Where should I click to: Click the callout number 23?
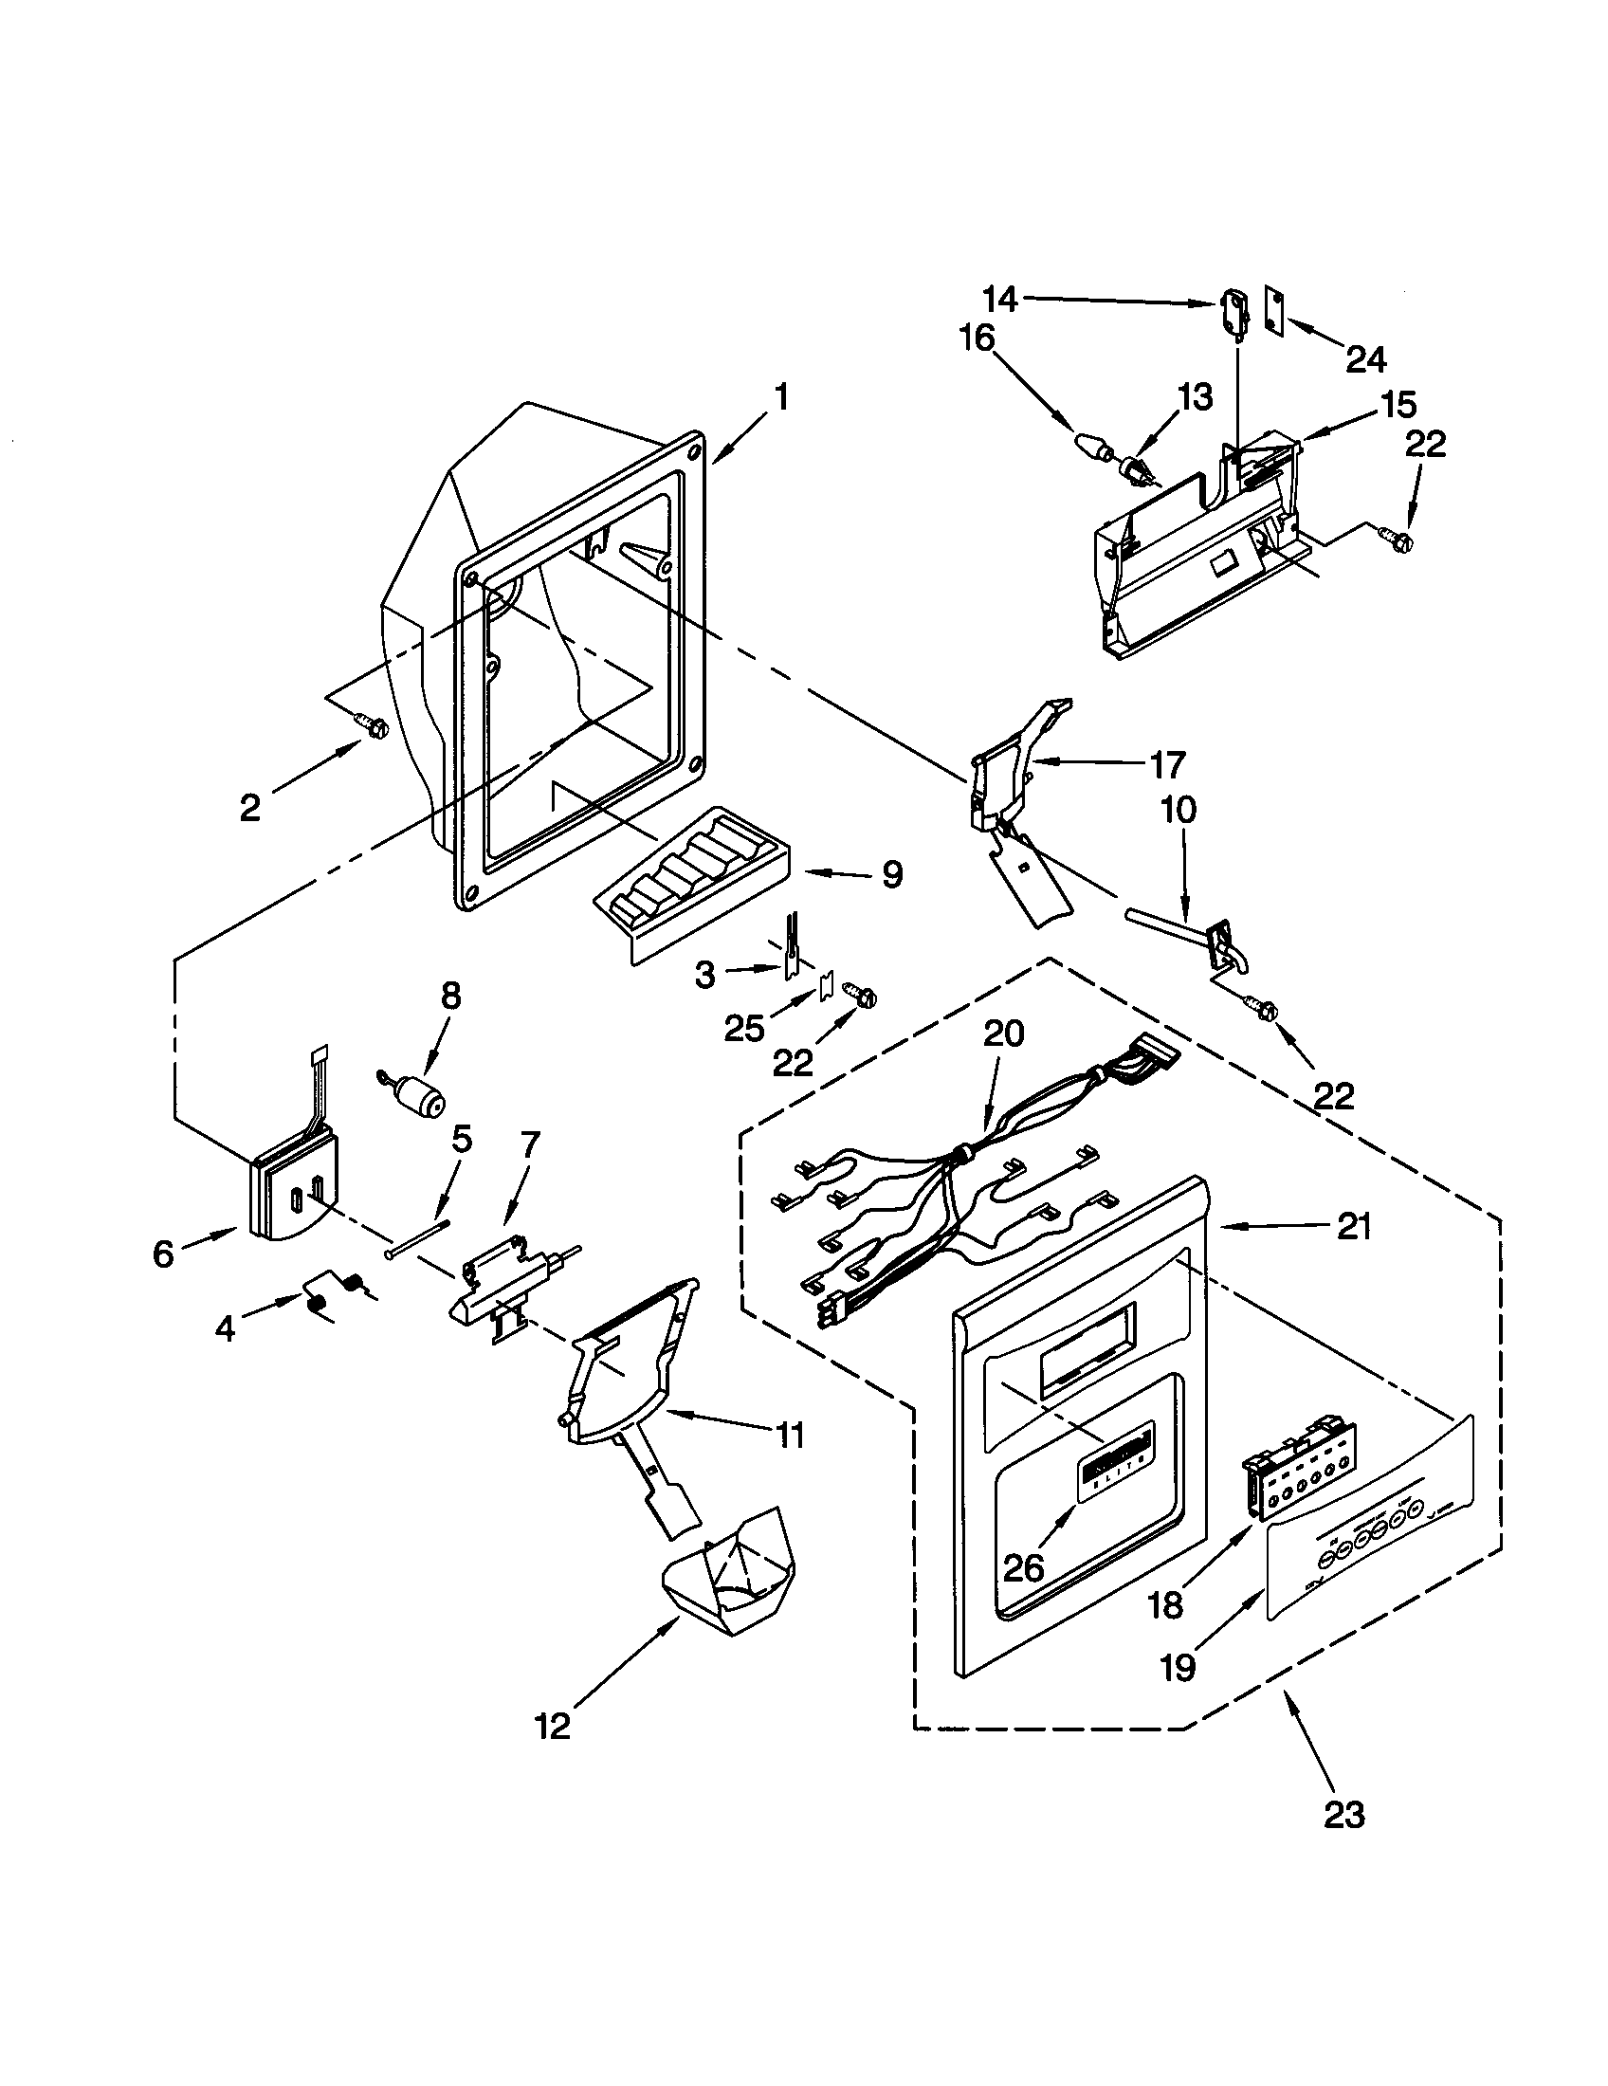[x=1343, y=1814]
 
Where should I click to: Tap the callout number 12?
[x=552, y=1726]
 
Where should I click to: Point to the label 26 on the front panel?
[x=1023, y=1567]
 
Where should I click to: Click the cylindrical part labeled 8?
[x=421, y=1099]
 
